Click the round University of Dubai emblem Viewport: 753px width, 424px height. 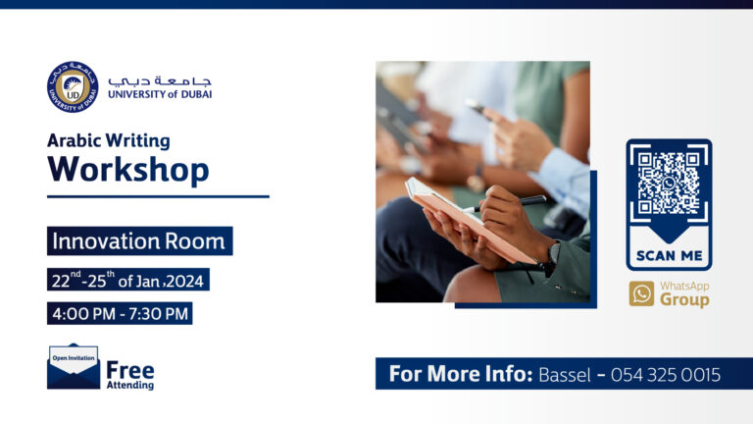pos(73,85)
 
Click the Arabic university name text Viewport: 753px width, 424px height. pos(160,79)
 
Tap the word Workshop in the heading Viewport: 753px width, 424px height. pos(128,169)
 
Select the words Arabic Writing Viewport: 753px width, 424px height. pos(109,140)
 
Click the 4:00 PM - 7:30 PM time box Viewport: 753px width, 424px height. pos(120,314)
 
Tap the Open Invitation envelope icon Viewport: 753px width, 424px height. pos(74,366)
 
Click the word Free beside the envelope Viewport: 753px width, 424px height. pos(129,370)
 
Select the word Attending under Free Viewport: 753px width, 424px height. pos(129,386)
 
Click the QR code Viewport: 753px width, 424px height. pos(669,183)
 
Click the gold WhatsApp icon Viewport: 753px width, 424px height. pos(641,293)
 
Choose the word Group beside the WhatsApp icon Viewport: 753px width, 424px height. pos(683,299)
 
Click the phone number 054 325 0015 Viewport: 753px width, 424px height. pos(666,374)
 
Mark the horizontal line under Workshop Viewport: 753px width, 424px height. pos(158,196)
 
